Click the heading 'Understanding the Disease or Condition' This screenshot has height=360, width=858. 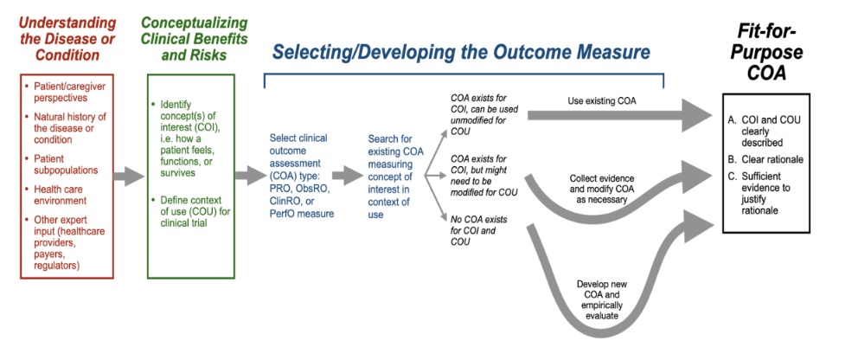(67, 39)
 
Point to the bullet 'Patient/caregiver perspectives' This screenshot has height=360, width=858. (64, 92)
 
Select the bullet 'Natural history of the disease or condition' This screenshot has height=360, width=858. (65, 128)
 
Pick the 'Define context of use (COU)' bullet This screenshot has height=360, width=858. (188, 211)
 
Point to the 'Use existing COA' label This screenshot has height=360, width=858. (603, 101)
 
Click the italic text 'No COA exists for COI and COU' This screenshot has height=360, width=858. (478, 230)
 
